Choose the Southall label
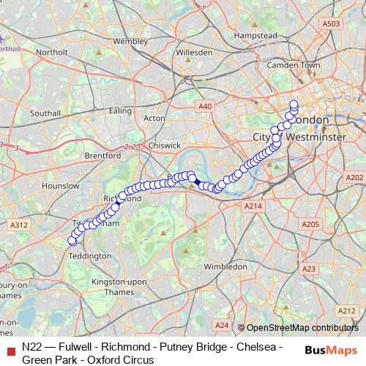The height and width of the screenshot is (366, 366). pos(45,113)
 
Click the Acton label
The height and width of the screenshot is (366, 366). pos(155,117)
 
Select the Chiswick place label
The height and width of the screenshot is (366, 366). pos(164,146)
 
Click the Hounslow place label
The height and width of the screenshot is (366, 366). pos(60,186)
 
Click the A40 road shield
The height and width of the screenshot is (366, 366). pos(206,107)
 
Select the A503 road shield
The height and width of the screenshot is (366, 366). pos(332,23)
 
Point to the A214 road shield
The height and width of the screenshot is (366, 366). pos(253,207)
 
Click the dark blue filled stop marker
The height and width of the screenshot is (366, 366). pos(197,181)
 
